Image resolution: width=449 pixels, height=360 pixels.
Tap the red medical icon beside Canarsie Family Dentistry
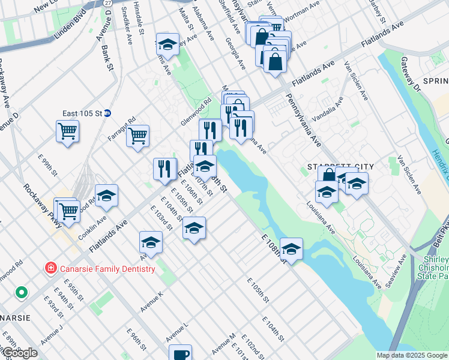(x=52, y=268)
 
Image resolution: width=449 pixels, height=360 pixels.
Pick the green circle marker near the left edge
(x=22, y=293)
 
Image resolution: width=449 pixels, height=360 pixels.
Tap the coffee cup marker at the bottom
(x=180, y=353)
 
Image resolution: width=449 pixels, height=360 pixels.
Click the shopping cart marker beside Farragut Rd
(x=138, y=136)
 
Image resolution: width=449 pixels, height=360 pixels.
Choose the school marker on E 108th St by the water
(x=291, y=249)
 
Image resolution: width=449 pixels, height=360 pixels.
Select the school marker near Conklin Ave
(x=106, y=196)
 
